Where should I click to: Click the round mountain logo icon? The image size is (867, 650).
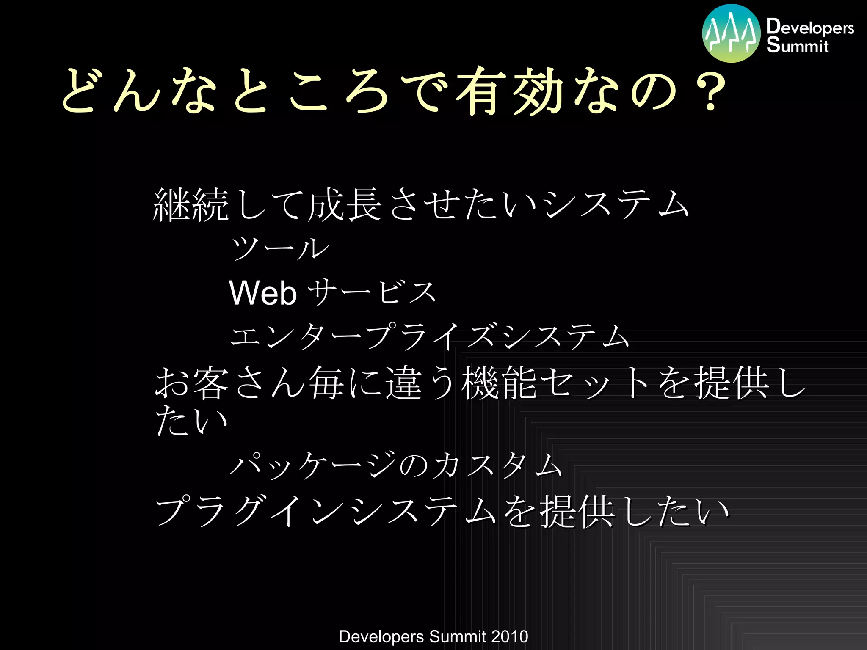(731, 33)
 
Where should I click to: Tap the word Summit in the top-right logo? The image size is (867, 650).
(797, 45)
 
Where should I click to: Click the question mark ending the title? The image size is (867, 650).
(711, 91)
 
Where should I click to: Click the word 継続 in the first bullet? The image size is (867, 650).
(191, 205)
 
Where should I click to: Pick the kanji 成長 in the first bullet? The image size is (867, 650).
(345, 205)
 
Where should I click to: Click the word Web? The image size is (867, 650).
(262, 293)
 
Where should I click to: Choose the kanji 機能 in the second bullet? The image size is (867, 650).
(500, 383)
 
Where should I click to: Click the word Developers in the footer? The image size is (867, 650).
(381, 636)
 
